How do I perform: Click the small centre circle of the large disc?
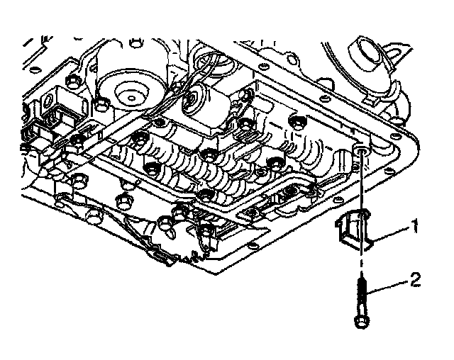point(129,93)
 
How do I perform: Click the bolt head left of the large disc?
point(102,106)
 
